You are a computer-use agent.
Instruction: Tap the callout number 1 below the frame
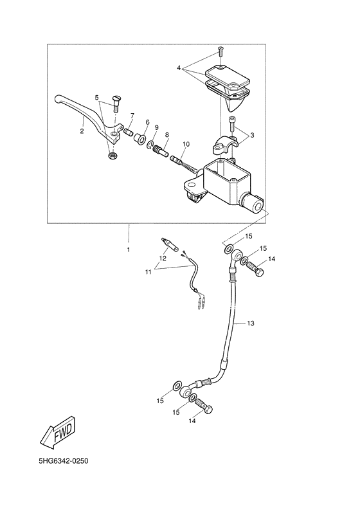(128, 249)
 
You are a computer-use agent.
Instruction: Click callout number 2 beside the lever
(82, 130)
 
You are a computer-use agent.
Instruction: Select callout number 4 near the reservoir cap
(180, 67)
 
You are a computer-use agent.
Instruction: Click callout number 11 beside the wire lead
(148, 273)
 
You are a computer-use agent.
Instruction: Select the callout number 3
(252, 135)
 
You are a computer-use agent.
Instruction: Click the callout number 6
(147, 122)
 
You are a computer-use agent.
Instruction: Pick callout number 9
(156, 128)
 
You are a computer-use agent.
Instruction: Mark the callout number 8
(166, 135)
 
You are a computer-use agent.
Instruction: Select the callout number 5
(97, 98)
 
